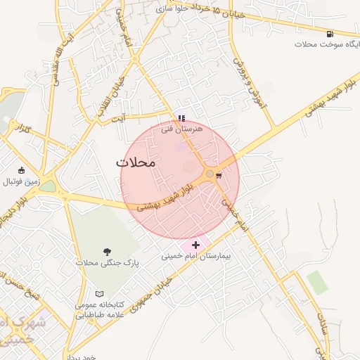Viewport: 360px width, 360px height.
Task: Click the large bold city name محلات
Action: [134, 162]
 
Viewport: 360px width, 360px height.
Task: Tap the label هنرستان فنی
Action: [181, 129]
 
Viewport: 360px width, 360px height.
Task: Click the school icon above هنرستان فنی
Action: [181, 118]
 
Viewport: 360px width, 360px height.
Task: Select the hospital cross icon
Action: [195, 245]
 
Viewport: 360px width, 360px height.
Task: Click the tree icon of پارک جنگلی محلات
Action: [107, 251]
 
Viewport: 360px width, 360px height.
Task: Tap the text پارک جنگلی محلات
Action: [108, 263]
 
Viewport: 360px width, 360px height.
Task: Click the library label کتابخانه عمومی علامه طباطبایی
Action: [99, 309]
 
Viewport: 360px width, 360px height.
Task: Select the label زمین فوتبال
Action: [22, 181]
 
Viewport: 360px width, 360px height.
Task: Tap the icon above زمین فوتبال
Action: [22, 170]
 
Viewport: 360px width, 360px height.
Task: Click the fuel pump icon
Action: [330, 33]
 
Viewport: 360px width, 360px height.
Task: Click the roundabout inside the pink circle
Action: [210, 174]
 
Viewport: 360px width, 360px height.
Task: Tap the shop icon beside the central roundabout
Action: [219, 174]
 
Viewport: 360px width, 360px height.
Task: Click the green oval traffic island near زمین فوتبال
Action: [47, 187]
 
